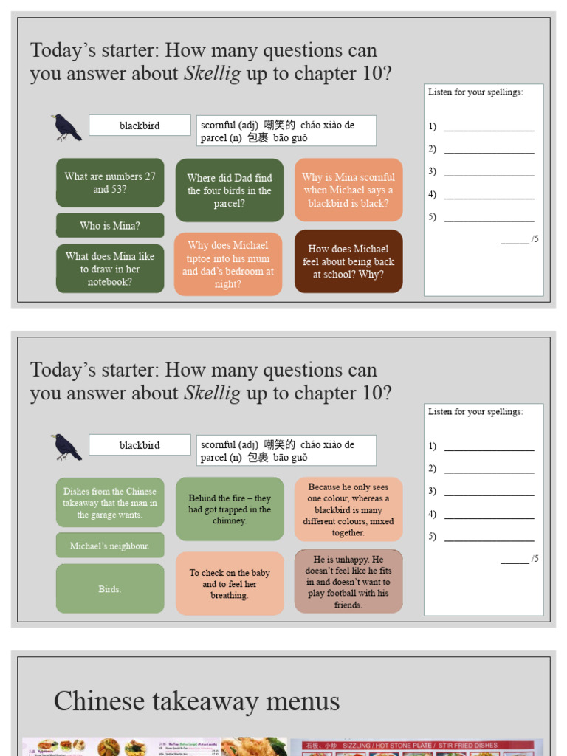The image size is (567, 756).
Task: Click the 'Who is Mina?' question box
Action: click(110, 226)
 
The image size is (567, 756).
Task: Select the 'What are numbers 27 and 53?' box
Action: click(110, 183)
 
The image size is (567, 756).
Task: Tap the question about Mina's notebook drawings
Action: click(110, 269)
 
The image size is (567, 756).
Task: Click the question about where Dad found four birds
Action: click(229, 190)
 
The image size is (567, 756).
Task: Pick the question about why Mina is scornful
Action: click(348, 190)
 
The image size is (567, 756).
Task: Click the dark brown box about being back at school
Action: click(348, 261)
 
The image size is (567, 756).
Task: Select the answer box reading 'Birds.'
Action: click(110, 589)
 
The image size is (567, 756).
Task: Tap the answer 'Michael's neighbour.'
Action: click(110, 546)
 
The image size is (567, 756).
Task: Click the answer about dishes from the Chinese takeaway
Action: click(110, 503)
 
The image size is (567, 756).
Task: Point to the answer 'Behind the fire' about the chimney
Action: click(229, 509)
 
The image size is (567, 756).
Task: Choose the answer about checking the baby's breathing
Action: click(229, 583)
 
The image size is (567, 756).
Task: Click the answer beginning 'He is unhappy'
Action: click(348, 582)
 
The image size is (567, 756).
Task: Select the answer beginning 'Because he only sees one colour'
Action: click(348, 509)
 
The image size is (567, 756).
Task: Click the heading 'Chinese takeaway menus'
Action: click(196, 701)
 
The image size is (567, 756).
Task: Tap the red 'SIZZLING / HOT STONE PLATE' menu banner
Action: click(415, 746)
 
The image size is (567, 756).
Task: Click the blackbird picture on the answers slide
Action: click(66, 447)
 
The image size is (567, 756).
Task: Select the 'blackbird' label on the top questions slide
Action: click(140, 126)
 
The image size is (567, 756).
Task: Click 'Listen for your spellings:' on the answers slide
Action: click(475, 412)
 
